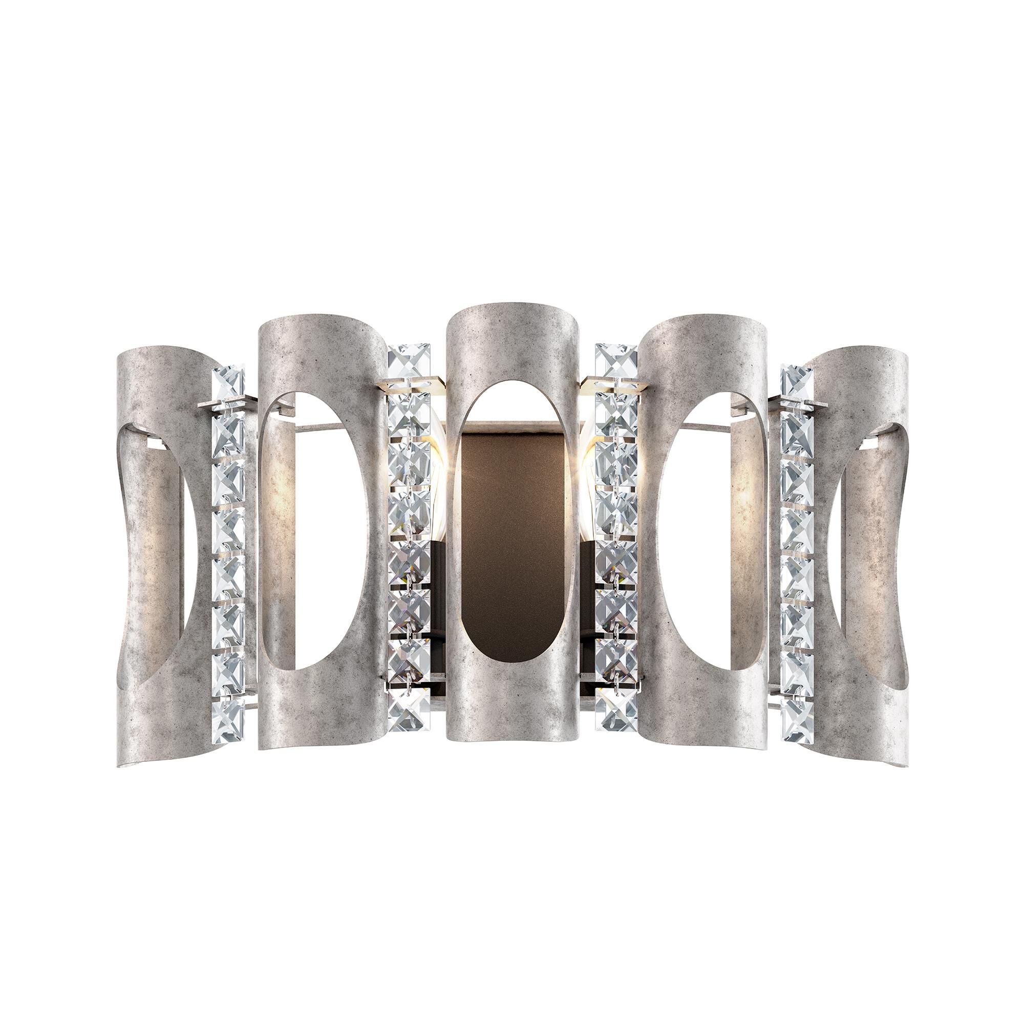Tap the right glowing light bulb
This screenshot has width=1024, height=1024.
pyautogui.click(x=588, y=466)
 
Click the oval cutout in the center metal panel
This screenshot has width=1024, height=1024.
pyautogui.click(x=511, y=530)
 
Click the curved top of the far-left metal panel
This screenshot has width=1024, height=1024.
pyautogui.click(x=154, y=360)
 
